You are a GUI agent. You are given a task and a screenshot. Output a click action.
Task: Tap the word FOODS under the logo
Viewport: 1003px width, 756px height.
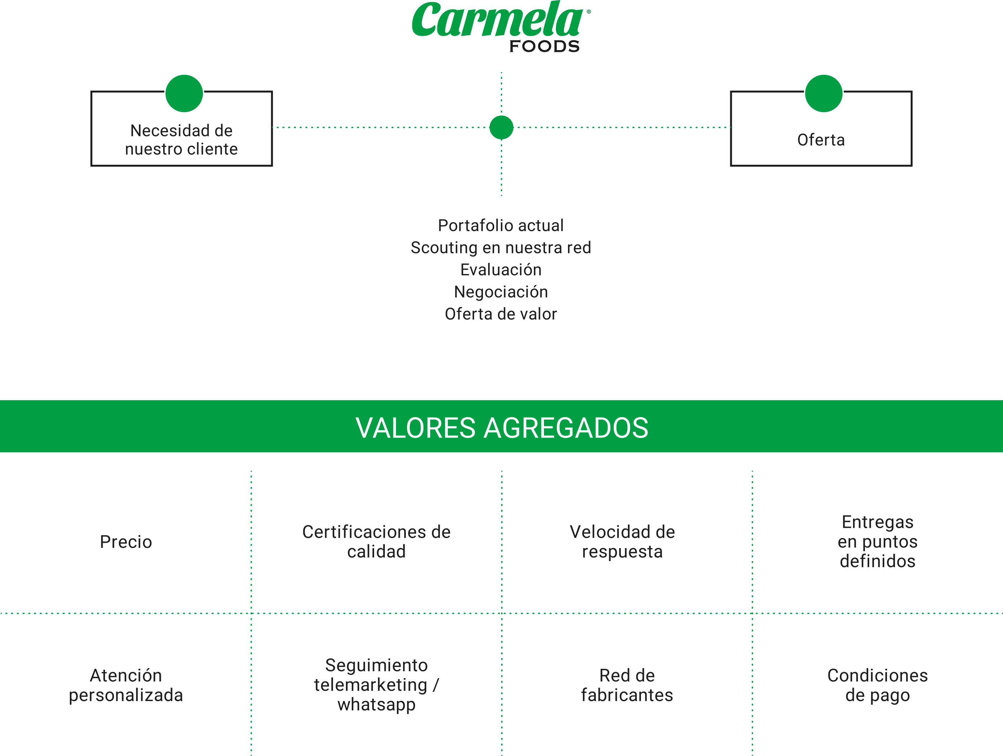point(544,46)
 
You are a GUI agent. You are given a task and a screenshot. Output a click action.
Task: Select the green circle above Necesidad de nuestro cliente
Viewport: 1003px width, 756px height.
point(184,93)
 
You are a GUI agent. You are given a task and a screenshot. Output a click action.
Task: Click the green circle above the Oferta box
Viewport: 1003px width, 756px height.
point(823,93)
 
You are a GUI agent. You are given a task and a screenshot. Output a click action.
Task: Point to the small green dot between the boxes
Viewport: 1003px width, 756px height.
point(501,127)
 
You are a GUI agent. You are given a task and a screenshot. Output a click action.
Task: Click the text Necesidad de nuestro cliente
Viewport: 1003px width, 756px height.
point(181,140)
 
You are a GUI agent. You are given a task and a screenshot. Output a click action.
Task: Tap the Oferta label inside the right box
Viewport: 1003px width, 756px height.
point(821,140)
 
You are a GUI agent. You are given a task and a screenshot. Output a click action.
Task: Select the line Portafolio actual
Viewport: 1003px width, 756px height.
point(500,225)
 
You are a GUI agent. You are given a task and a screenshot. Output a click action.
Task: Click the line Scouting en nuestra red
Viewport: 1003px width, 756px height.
point(500,247)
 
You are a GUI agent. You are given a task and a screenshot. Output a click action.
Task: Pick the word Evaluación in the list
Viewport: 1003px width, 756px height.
point(500,270)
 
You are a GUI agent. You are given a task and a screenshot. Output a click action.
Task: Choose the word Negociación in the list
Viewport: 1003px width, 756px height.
point(500,292)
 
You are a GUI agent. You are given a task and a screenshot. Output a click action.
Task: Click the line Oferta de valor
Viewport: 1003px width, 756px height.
point(500,314)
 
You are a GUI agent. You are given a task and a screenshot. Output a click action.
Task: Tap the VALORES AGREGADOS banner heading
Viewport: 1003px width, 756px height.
point(501,427)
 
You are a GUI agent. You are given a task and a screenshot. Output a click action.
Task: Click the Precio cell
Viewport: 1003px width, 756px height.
point(126,542)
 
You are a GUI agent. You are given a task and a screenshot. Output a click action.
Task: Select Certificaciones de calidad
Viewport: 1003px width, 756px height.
point(376,542)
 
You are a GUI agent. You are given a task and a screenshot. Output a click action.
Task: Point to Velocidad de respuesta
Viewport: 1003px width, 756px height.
point(622,542)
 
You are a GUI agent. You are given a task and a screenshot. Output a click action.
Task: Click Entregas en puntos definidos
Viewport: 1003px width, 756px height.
point(877,542)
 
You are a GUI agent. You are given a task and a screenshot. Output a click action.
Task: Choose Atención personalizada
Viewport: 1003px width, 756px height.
point(126,685)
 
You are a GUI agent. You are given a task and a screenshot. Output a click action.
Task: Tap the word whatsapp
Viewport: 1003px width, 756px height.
point(376,704)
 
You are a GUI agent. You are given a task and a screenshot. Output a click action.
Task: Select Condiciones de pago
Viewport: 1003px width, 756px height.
point(877,685)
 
